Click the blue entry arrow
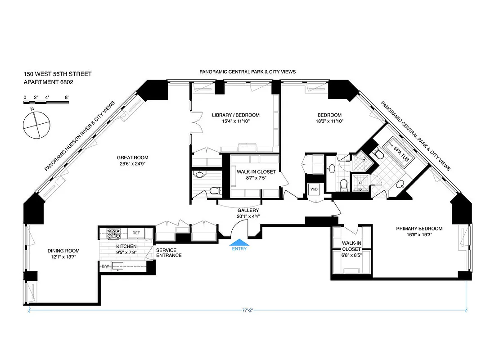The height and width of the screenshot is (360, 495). pyautogui.click(x=239, y=242)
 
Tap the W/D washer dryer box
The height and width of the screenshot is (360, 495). pyautogui.click(x=314, y=189)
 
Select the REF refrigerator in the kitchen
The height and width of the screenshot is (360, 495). pyautogui.click(x=135, y=233)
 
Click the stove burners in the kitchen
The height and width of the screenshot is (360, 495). pyautogui.click(x=113, y=233)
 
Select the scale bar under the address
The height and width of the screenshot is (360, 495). pyautogui.click(x=46, y=103)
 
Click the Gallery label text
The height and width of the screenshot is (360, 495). pyautogui.click(x=248, y=210)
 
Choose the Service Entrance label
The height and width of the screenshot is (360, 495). pyautogui.click(x=169, y=253)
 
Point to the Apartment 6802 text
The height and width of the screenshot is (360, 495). pyautogui.click(x=49, y=82)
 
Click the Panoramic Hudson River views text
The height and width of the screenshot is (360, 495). pyautogui.click(x=80, y=136)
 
